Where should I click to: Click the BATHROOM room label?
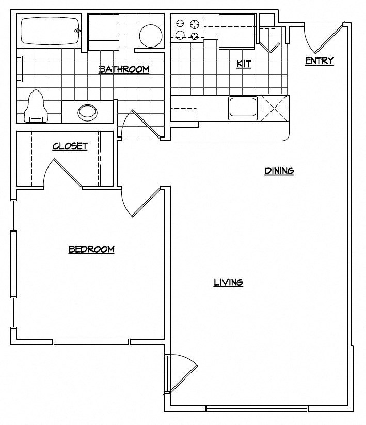pos(124,69)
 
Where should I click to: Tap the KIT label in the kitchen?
pos(243,64)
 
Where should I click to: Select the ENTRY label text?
pos(320,61)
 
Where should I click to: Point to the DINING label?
pos(279,171)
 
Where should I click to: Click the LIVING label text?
pos(228,282)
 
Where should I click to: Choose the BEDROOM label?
pos(91,249)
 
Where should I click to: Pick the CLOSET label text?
pos(70,146)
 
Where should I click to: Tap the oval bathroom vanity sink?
pos(87,111)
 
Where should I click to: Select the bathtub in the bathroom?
pos(50,31)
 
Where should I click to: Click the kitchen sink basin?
pos(243,108)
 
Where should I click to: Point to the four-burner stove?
pos(187,29)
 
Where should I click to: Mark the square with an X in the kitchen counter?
pos(274,107)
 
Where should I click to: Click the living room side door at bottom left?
pos(180,372)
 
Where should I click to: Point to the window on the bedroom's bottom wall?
pos(91,342)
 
